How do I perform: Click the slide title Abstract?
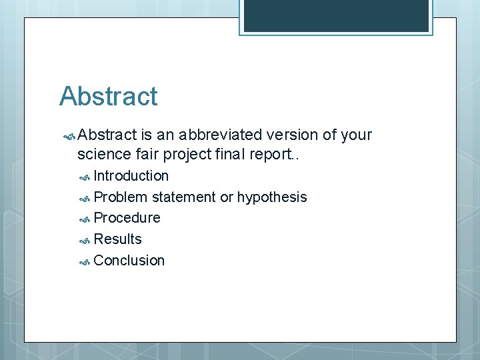[108, 97]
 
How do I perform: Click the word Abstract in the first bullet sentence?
[107, 135]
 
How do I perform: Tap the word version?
[291, 135]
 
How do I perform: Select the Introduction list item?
[131, 176]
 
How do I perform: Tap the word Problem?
[121, 197]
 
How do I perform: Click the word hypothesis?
[272, 197]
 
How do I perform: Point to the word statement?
[184, 197]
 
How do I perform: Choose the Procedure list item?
[127, 218]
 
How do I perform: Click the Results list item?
[117, 239]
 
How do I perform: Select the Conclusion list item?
[129, 261]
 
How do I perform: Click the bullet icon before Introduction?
[85, 177]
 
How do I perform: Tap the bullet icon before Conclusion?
[85, 262]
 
